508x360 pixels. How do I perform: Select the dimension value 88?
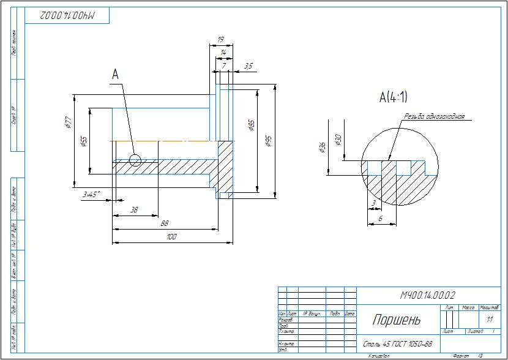[x=165, y=223]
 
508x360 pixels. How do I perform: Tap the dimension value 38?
[x=135, y=209]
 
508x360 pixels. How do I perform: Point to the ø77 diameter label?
[x=68, y=123]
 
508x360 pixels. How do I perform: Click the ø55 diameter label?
[x=84, y=141]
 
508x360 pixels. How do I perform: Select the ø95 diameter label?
[x=268, y=141]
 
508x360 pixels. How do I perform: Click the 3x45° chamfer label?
[x=91, y=193]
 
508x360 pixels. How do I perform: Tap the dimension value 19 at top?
[x=220, y=40]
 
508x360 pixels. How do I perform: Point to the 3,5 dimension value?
[x=248, y=66]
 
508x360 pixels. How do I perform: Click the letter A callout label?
[x=114, y=74]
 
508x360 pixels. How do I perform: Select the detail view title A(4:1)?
[x=393, y=97]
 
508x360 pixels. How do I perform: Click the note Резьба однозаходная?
[x=435, y=116]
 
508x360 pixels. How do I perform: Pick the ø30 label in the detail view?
[x=338, y=140]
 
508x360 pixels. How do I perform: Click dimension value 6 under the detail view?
[x=380, y=219]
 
